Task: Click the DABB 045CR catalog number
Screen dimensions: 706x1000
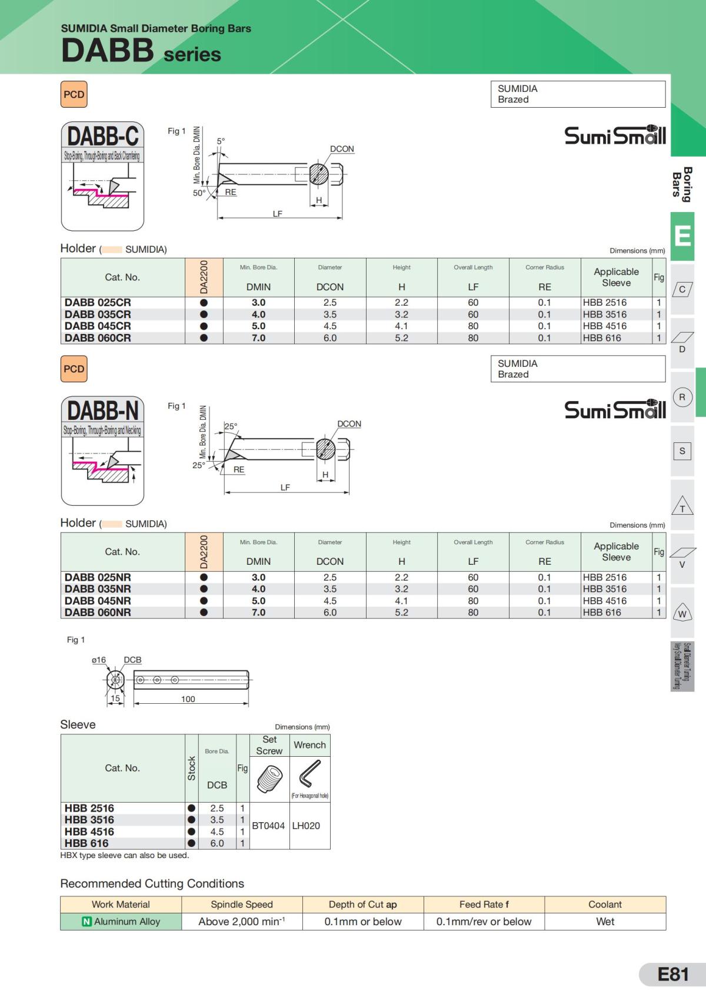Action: pos(98,326)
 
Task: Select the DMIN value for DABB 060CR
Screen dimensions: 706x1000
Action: pos(259,338)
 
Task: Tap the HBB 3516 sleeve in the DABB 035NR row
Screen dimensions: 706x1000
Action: pos(604,589)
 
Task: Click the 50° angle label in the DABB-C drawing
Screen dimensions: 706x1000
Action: pos(199,193)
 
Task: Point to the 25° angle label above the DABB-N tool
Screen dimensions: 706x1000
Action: pos(231,426)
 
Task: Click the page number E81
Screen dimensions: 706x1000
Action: pos(673,974)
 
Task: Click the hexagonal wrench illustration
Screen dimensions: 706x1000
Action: pos(309,774)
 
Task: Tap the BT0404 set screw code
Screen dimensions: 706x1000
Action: pos(268,826)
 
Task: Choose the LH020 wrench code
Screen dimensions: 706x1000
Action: pos(306,826)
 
